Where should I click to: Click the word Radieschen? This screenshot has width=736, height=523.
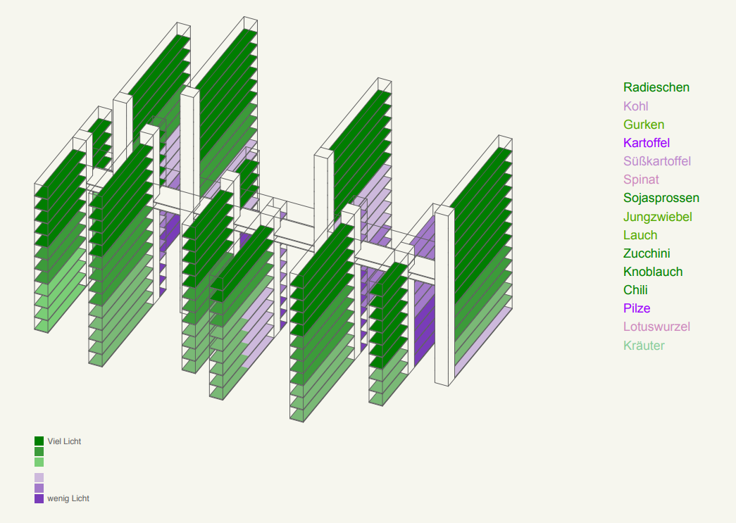pos(656,87)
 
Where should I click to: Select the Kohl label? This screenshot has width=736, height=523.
pos(635,106)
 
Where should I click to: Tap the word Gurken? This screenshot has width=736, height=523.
pos(644,125)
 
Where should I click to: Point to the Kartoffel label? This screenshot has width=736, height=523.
pos(647,143)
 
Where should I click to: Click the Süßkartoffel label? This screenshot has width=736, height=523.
pos(657,161)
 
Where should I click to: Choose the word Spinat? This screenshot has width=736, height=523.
pos(641,179)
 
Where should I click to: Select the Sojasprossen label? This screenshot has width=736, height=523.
pos(661,198)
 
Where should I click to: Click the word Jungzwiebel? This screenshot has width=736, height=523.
pos(658,217)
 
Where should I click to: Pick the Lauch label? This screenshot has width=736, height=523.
pos(640,235)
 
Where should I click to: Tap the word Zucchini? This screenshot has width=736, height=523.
pos(647,253)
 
